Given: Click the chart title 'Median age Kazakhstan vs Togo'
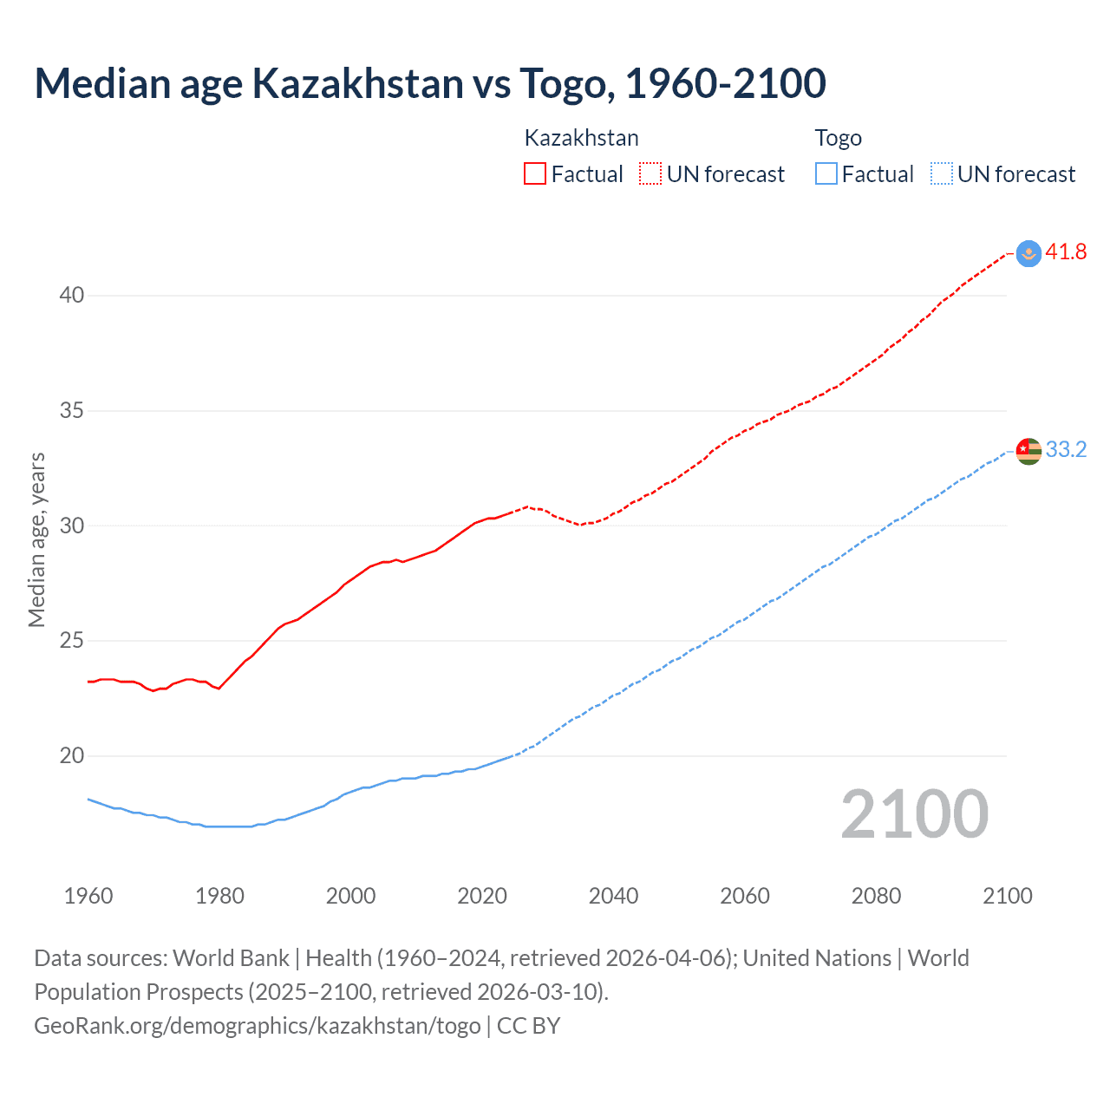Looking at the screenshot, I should (x=430, y=83).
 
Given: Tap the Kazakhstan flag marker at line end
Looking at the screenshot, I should (x=1028, y=253).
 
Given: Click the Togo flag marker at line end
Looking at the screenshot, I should (x=1028, y=451).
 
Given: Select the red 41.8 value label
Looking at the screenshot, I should (x=1066, y=252).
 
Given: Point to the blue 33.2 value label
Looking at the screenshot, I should (x=1066, y=449).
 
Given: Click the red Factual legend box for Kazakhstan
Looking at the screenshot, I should (x=535, y=174).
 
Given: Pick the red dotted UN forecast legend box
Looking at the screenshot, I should (x=650, y=174).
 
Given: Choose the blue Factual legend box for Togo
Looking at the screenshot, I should (x=826, y=174).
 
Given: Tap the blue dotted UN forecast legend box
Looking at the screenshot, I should (x=941, y=174).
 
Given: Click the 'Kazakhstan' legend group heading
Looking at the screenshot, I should (x=582, y=138).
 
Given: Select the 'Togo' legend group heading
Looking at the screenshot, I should (x=839, y=138).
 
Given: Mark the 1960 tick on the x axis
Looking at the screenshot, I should (x=88, y=896).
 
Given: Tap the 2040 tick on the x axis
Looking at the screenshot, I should (x=613, y=896).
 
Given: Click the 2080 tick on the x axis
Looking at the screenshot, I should (x=876, y=896).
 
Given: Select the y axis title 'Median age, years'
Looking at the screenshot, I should (x=36, y=539).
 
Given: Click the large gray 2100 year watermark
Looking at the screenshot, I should (x=914, y=814).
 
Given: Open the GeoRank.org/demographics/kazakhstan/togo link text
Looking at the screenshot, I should (x=257, y=1026).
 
